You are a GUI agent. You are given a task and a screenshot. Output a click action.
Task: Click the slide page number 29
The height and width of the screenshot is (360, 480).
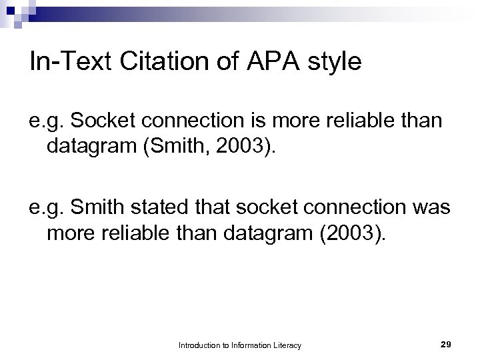pos(446,344)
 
